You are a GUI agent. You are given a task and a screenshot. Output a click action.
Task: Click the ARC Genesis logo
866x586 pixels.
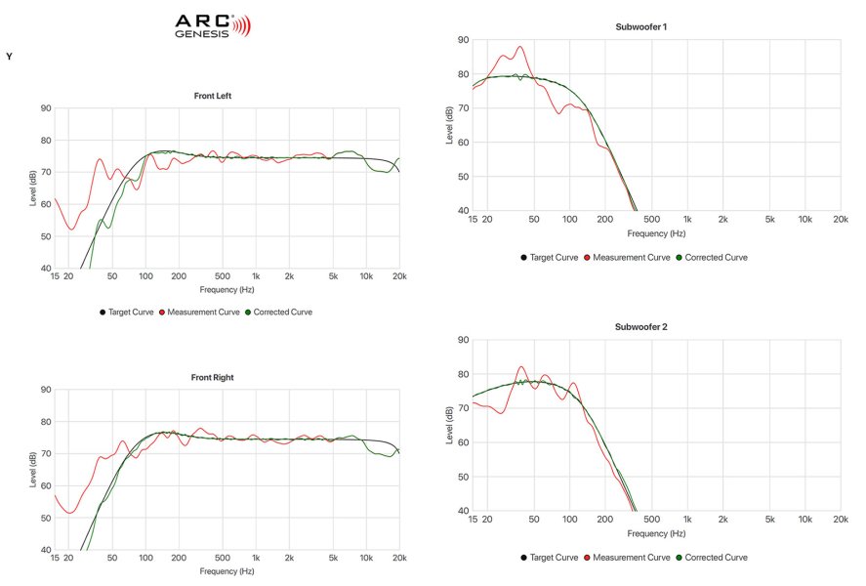pyautogui.click(x=212, y=25)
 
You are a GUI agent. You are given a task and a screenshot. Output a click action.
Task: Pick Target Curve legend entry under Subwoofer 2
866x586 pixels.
pyautogui.click(x=552, y=557)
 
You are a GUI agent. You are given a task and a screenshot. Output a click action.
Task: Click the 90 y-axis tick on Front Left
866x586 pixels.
pyautogui.click(x=46, y=108)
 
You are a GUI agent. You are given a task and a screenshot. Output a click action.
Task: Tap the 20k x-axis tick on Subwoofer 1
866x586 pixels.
pyautogui.click(x=839, y=219)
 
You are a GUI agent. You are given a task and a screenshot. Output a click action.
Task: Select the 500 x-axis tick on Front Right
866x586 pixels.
pyautogui.click(x=223, y=558)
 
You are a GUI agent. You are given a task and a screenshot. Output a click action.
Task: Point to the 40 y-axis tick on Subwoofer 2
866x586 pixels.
pyautogui.click(x=463, y=511)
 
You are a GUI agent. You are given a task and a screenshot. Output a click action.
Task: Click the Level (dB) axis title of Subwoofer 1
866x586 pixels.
pyautogui.click(x=449, y=125)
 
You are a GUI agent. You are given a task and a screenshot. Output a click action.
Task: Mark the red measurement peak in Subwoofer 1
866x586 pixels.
pyautogui.click(x=519, y=47)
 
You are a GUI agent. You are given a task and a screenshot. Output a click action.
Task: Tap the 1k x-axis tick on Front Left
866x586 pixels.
pyautogui.click(x=256, y=276)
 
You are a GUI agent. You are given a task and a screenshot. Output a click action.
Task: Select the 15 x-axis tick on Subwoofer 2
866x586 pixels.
pyautogui.click(x=474, y=519)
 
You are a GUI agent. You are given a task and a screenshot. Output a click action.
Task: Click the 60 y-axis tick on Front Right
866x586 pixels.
pyautogui.click(x=46, y=486)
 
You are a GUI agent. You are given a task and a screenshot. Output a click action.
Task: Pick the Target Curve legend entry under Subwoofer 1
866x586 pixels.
pyautogui.click(x=552, y=257)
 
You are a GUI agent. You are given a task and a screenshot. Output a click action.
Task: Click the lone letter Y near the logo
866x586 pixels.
pyautogui.click(x=9, y=57)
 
